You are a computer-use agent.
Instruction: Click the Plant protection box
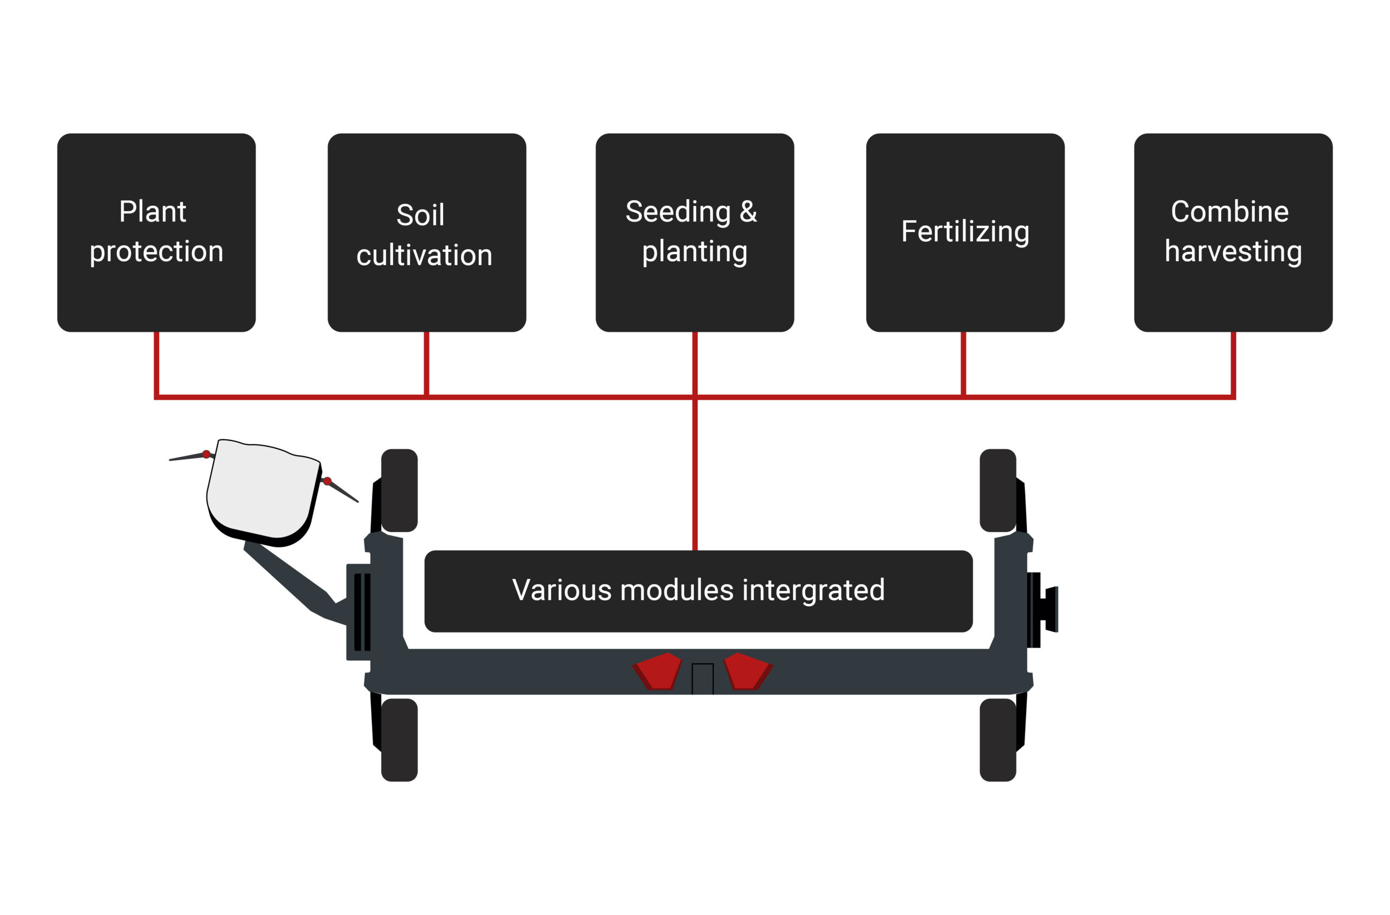156,232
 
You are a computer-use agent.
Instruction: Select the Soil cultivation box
427,232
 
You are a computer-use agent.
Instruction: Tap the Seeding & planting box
695,232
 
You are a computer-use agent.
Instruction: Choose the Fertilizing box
965,232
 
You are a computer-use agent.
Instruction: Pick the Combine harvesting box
1234,232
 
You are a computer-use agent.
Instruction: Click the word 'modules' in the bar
677,590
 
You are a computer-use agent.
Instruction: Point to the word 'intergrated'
813,591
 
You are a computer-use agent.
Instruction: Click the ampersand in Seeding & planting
748,211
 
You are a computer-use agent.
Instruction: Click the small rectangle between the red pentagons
703,679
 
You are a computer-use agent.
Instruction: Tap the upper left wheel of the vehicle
400,490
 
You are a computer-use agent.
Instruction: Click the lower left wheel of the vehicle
400,740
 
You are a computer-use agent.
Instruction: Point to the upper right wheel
998,490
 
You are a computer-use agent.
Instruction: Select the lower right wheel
998,740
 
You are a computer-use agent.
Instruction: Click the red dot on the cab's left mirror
206,455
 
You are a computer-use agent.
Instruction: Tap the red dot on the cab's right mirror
327,481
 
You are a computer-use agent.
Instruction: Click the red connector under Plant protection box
156,365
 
